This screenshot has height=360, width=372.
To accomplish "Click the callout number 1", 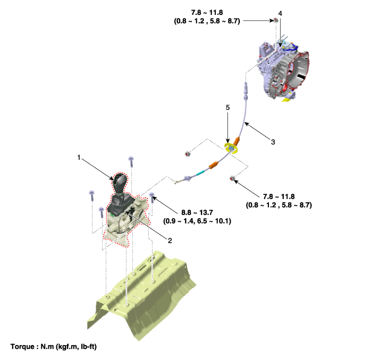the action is (x=79, y=157).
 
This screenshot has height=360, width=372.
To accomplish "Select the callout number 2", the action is (x=170, y=241).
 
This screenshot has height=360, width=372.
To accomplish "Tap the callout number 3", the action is (x=273, y=142).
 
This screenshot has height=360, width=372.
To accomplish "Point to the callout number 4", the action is (x=280, y=13).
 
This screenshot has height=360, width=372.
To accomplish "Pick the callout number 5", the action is (x=228, y=108).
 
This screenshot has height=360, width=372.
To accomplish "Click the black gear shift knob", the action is (x=120, y=183).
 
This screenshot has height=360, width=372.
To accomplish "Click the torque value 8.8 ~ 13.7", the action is (x=197, y=212).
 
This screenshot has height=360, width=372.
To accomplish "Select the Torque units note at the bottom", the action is (x=54, y=347).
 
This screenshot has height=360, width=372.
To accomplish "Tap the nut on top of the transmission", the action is (x=276, y=20).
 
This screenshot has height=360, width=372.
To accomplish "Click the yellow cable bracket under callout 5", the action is (x=231, y=148).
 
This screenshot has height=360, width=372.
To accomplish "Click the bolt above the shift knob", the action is (x=131, y=161).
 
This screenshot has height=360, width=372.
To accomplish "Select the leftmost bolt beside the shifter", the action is (x=92, y=195).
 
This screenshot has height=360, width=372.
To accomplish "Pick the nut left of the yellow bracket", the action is (x=188, y=154).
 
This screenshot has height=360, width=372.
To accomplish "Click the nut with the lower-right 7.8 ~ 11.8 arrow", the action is (x=232, y=178).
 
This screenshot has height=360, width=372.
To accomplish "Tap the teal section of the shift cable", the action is (x=201, y=173).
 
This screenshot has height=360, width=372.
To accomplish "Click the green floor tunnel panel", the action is (x=142, y=296).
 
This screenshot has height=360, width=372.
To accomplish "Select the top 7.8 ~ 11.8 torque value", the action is (x=207, y=12).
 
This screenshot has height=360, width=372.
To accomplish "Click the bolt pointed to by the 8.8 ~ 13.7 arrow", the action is (x=152, y=197).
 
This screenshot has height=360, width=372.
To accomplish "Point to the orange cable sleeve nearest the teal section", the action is (x=213, y=165).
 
